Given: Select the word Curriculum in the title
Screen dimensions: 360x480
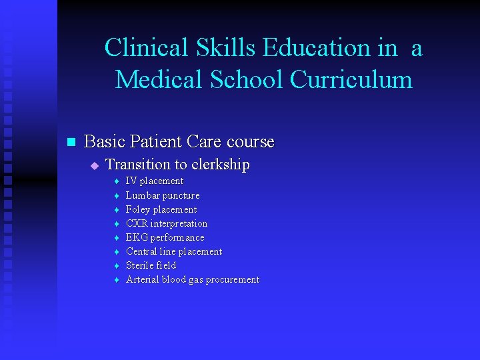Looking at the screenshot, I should click(x=351, y=79).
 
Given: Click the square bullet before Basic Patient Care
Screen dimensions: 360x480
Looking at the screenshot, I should click(x=72, y=142).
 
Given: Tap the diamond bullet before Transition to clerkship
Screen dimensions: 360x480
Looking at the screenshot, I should click(x=95, y=165).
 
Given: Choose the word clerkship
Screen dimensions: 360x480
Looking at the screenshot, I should click(x=219, y=165).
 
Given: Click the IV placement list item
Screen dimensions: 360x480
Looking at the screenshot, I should click(x=155, y=181).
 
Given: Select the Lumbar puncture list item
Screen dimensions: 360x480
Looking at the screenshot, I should click(x=163, y=195).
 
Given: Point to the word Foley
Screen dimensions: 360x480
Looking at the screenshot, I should click(x=138, y=209).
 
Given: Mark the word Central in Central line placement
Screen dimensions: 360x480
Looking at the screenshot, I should click(x=141, y=251).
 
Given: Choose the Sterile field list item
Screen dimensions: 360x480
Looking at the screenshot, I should click(x=151, y=265).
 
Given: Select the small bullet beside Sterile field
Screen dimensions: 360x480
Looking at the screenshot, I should click(x=116, y=266).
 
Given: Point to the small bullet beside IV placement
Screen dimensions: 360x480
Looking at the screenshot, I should click(x=116, y=181).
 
